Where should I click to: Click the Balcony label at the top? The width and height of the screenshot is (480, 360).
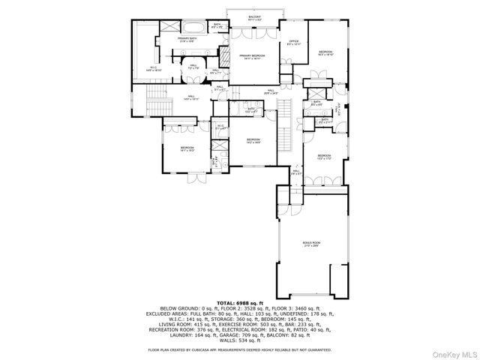[255, 17]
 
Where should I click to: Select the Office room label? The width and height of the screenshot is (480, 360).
[293, 43]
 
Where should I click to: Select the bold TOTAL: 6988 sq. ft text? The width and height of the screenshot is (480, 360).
[240, 302]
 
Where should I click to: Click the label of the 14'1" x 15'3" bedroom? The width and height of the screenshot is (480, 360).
[186, 149]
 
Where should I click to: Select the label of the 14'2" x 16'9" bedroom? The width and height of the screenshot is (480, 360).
[253, 140]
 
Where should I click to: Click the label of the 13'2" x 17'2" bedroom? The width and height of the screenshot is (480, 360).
[324, 157]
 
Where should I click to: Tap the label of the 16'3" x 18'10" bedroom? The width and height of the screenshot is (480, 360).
[325, 52]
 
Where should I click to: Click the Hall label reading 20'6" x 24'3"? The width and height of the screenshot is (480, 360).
[270, 92]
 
